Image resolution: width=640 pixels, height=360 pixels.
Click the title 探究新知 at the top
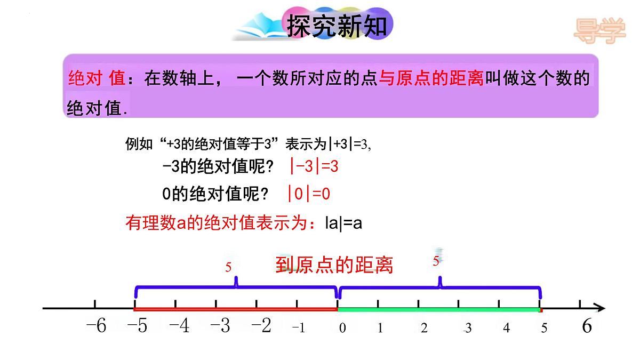(x=337, y=25)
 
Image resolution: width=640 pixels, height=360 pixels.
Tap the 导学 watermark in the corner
(x=599, y=30)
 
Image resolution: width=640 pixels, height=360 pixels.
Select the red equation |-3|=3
(x=314, y=166)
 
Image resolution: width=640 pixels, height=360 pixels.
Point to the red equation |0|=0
(x=308, y=194)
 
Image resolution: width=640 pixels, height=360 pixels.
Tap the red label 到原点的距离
(x=334, y=265)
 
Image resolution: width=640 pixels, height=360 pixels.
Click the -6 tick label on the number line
(x=96, y=326)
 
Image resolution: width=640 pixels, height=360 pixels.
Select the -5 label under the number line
(x=137, y=326)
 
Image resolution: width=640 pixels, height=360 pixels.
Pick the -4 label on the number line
(x=179, y=326)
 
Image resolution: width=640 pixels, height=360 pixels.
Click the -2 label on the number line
(x=261, y=326)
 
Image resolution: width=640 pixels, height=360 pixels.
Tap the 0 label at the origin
(x=342, y=328)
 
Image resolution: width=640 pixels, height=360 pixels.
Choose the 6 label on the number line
(x=587, y=326)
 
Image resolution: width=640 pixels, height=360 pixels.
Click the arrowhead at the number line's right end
(x=601, y=308)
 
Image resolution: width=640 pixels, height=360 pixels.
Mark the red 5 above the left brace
(x=228, y=267)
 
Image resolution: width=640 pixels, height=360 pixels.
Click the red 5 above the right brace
(x=436, y=261)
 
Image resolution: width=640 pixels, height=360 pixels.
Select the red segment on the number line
(x=235, y=309)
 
